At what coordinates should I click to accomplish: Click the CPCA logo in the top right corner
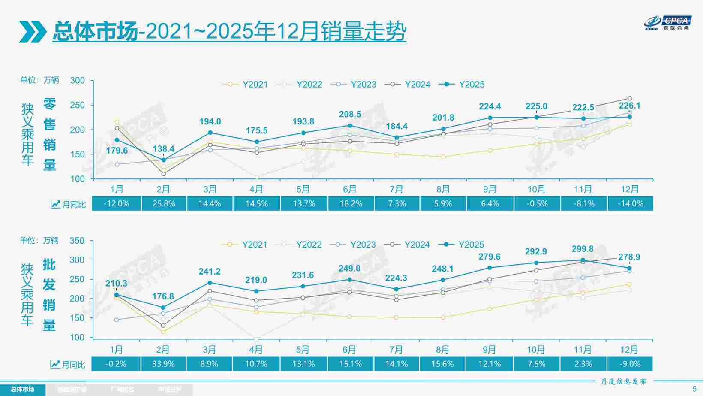tap(668, 23)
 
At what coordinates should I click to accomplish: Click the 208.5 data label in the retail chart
tap(350, 114)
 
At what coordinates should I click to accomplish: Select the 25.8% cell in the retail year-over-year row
tap(164, 204)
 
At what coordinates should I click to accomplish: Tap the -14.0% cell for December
tap(630, 204)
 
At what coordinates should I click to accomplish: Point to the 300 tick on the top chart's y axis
tap(78, 81)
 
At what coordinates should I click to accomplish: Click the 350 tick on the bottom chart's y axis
tap(77, 241)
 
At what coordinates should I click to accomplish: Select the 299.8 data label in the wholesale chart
tap(583, 249)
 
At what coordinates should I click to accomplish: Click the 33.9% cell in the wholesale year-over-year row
tap(163, 364)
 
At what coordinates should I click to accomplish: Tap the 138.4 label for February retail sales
tap(163, 149)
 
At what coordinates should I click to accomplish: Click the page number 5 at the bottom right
tap(694, 389)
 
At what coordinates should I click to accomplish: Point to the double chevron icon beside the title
tap(33, 31)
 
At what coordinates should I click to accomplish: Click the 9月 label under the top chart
tap(490, 190)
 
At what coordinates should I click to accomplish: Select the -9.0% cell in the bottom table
tap(630, 364)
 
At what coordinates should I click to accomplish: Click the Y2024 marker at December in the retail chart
tap(630, 99)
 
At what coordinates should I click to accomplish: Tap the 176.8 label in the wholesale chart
tap(163, 296)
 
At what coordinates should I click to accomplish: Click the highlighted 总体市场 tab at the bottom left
tap(22, 390)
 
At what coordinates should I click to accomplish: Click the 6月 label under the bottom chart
tap(349, 350)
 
